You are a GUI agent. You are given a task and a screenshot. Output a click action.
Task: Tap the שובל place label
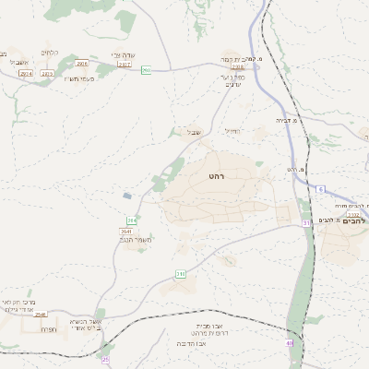pyautogui.click(x=194, y=132)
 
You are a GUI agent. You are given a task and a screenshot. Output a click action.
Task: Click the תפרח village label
pyautogui.click(x=49, y=328)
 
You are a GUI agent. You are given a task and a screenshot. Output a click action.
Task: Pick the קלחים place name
pyautogui.click(x=51, y=53)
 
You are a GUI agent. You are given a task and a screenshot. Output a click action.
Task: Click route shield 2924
pyautogui.click(x=25, y=73)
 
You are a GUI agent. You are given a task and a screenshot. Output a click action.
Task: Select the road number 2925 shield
pyautogui.click(x=47, y=73)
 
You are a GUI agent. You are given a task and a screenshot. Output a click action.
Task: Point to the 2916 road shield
pyautogui.click(x=82, y=64)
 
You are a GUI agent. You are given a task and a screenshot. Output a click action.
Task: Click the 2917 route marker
pyautogui.click(x=124, y=65)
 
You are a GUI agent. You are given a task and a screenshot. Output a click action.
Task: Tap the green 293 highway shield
pyautogui.click(x=146, y=71)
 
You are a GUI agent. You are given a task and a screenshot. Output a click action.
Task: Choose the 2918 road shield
pyautogui.click(x=238, y=66)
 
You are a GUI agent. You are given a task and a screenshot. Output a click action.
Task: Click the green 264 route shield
pyautogui.click(x=132, y=220)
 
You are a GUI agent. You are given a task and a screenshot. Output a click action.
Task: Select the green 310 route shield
pyautogui.click(x=181, y=273)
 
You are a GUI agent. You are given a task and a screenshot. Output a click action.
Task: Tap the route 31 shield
pyautogui.click(x=307, y=223)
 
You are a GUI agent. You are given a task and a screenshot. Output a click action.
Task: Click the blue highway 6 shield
pyautogui.click(x=321, y=189)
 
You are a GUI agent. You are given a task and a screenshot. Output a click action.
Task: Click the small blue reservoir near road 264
pyautogui.click(x=126, y=196)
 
